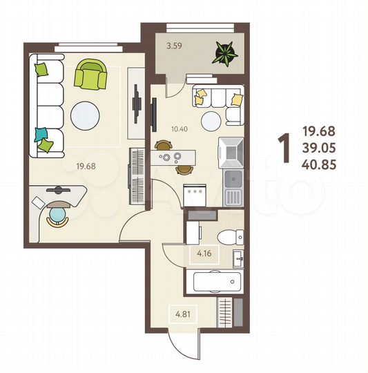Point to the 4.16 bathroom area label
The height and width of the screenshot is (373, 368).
(203, 254)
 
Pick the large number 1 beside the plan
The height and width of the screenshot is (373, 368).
(283, 148)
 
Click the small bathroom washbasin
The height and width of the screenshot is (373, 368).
(238, 260)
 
